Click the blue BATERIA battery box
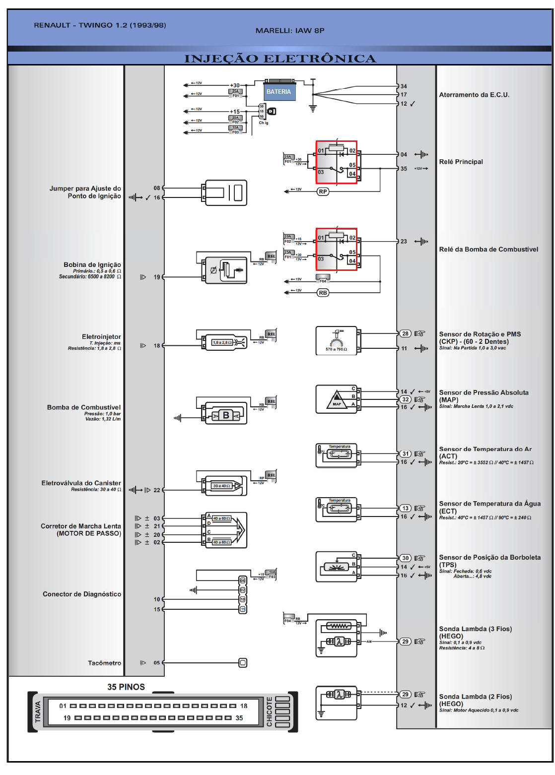tap(279, 92)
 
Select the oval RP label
tap(323, 192)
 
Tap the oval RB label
tap(323, 293)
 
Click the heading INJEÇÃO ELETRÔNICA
tap(280, 59)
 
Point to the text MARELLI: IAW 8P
tap(290, 31)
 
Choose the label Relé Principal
tap(461, 162)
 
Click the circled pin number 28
tap(406, 333)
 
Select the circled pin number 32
tap(406, 399)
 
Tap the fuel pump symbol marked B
tap(226, 415)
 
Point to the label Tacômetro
tap(104, 663)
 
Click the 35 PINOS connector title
tap(126, 687)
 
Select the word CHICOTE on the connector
tap(270, 711)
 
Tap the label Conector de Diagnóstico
tap(82, 594)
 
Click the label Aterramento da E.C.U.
tap(474, 95)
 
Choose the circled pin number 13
tap(406, 508)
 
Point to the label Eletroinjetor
tap(101, 337)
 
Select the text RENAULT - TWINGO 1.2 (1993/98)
tap(100, 25)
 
